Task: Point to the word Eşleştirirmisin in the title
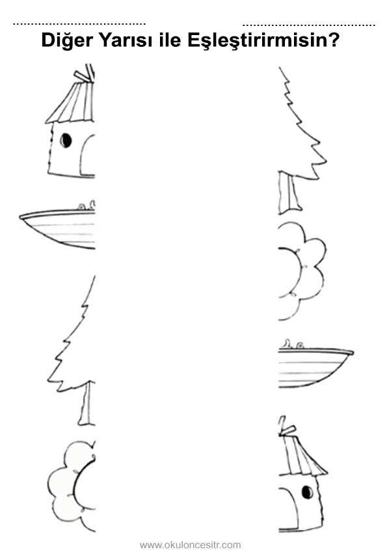coord(263,41)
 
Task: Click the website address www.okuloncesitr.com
coord(190,545)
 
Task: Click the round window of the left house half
coord(66,140)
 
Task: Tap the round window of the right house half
coord(308,492)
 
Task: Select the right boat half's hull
coord(314,367)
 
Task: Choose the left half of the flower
coord(72,485)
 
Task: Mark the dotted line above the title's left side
coord(79,24)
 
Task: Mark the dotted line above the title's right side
coord(309,25)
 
